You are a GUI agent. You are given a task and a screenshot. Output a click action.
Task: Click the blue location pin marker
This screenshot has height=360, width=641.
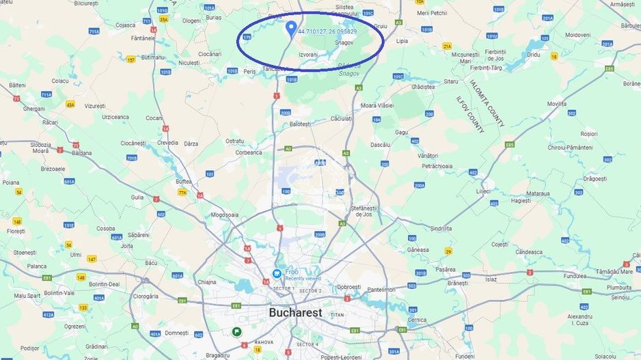pos(291,27)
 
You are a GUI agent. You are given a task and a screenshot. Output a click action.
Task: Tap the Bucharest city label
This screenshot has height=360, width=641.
pos(295,312)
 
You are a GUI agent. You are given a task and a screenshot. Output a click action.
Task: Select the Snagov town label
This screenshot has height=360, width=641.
pos(344,42)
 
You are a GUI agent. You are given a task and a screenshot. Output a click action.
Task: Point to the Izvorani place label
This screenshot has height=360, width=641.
pos(308,54)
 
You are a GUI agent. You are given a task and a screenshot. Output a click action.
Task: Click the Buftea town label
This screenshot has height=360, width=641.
pos(184,182)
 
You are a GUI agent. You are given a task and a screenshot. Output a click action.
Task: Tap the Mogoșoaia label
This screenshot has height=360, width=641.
pos(225,214)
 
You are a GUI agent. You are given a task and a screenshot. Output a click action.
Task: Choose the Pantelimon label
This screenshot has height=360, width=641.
pos(380,290)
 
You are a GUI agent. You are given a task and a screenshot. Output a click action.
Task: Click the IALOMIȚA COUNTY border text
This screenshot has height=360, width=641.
pos(487,103)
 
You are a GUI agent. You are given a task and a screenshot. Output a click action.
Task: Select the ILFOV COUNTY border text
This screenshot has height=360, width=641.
pos(470,114)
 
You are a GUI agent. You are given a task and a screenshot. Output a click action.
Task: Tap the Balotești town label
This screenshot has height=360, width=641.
pos(300,124)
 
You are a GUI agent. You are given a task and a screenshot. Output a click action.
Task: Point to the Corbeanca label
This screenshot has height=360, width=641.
pos(249,152)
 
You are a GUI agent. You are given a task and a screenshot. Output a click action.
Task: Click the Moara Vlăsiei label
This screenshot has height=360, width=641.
pos(377,105)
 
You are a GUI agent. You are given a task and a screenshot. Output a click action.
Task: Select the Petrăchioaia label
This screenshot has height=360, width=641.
pos(437,165)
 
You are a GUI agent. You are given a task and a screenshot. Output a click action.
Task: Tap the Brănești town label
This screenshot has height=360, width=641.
pos(457,282)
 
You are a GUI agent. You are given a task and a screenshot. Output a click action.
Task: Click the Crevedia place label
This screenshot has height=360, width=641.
pos(167,143)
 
